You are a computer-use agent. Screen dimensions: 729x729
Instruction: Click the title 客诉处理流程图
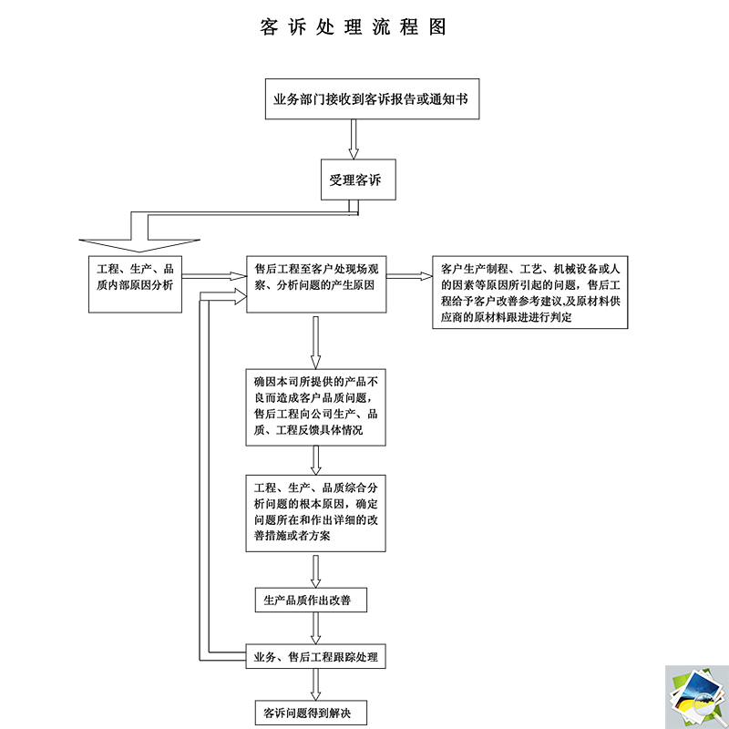tap(353, 26)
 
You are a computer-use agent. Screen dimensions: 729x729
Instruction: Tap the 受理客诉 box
tap(356, 180)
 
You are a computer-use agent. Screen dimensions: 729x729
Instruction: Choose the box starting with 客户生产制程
tap(533, 291)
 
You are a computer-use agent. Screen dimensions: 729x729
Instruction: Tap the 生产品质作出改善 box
tap(313, 601)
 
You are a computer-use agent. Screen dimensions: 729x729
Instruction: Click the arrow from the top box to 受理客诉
tap(355, 139)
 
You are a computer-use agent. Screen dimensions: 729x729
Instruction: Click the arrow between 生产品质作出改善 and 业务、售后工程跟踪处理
tap(315, 628)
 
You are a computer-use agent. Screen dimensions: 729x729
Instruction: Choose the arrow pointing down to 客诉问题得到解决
tap(315, 684)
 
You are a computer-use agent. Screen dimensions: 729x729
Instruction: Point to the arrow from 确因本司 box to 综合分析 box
tap(315, 460)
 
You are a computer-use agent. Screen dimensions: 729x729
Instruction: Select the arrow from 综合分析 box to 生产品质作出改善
tap(315, 570)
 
